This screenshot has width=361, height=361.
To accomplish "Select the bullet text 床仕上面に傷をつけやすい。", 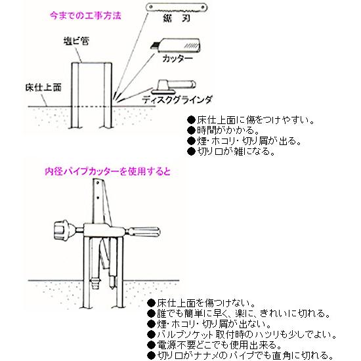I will point(249,120).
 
